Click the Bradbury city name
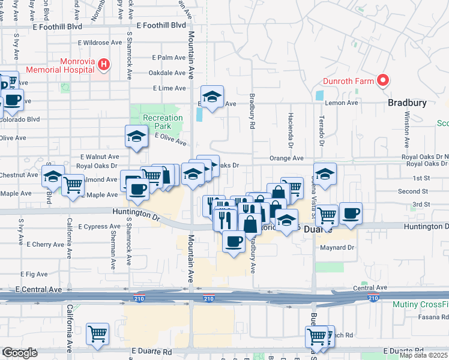(x=407, y=103)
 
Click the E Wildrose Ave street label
(x=101, y=43)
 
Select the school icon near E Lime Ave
(x=212, y=97)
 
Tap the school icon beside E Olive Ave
(x=136, y=136)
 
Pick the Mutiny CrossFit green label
(x=420, y=305)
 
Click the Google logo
(x=20, y=353)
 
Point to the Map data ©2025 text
(x=423, y=355)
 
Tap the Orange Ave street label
(x=286, y=158)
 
